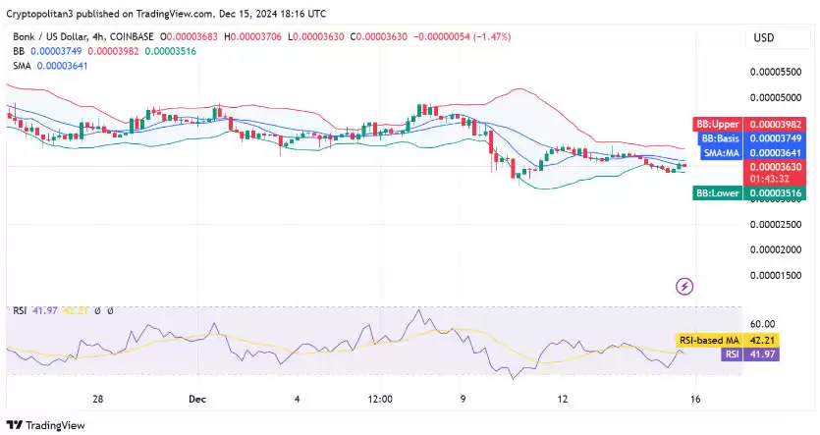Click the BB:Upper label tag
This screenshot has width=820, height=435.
click(717, 125)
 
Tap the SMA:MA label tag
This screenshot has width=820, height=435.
click(720, 152)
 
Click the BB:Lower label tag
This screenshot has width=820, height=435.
click(717, 193)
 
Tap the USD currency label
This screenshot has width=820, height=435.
click(764, 38)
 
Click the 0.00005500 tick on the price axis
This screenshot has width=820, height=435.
click(776, 73)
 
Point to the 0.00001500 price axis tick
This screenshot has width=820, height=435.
click(776, 275)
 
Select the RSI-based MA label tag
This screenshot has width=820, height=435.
click(710, 340)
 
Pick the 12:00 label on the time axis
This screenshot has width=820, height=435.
click(380, 400)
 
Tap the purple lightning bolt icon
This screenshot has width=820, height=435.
click(685, 287)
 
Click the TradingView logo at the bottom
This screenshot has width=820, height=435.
click(47, 425)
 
